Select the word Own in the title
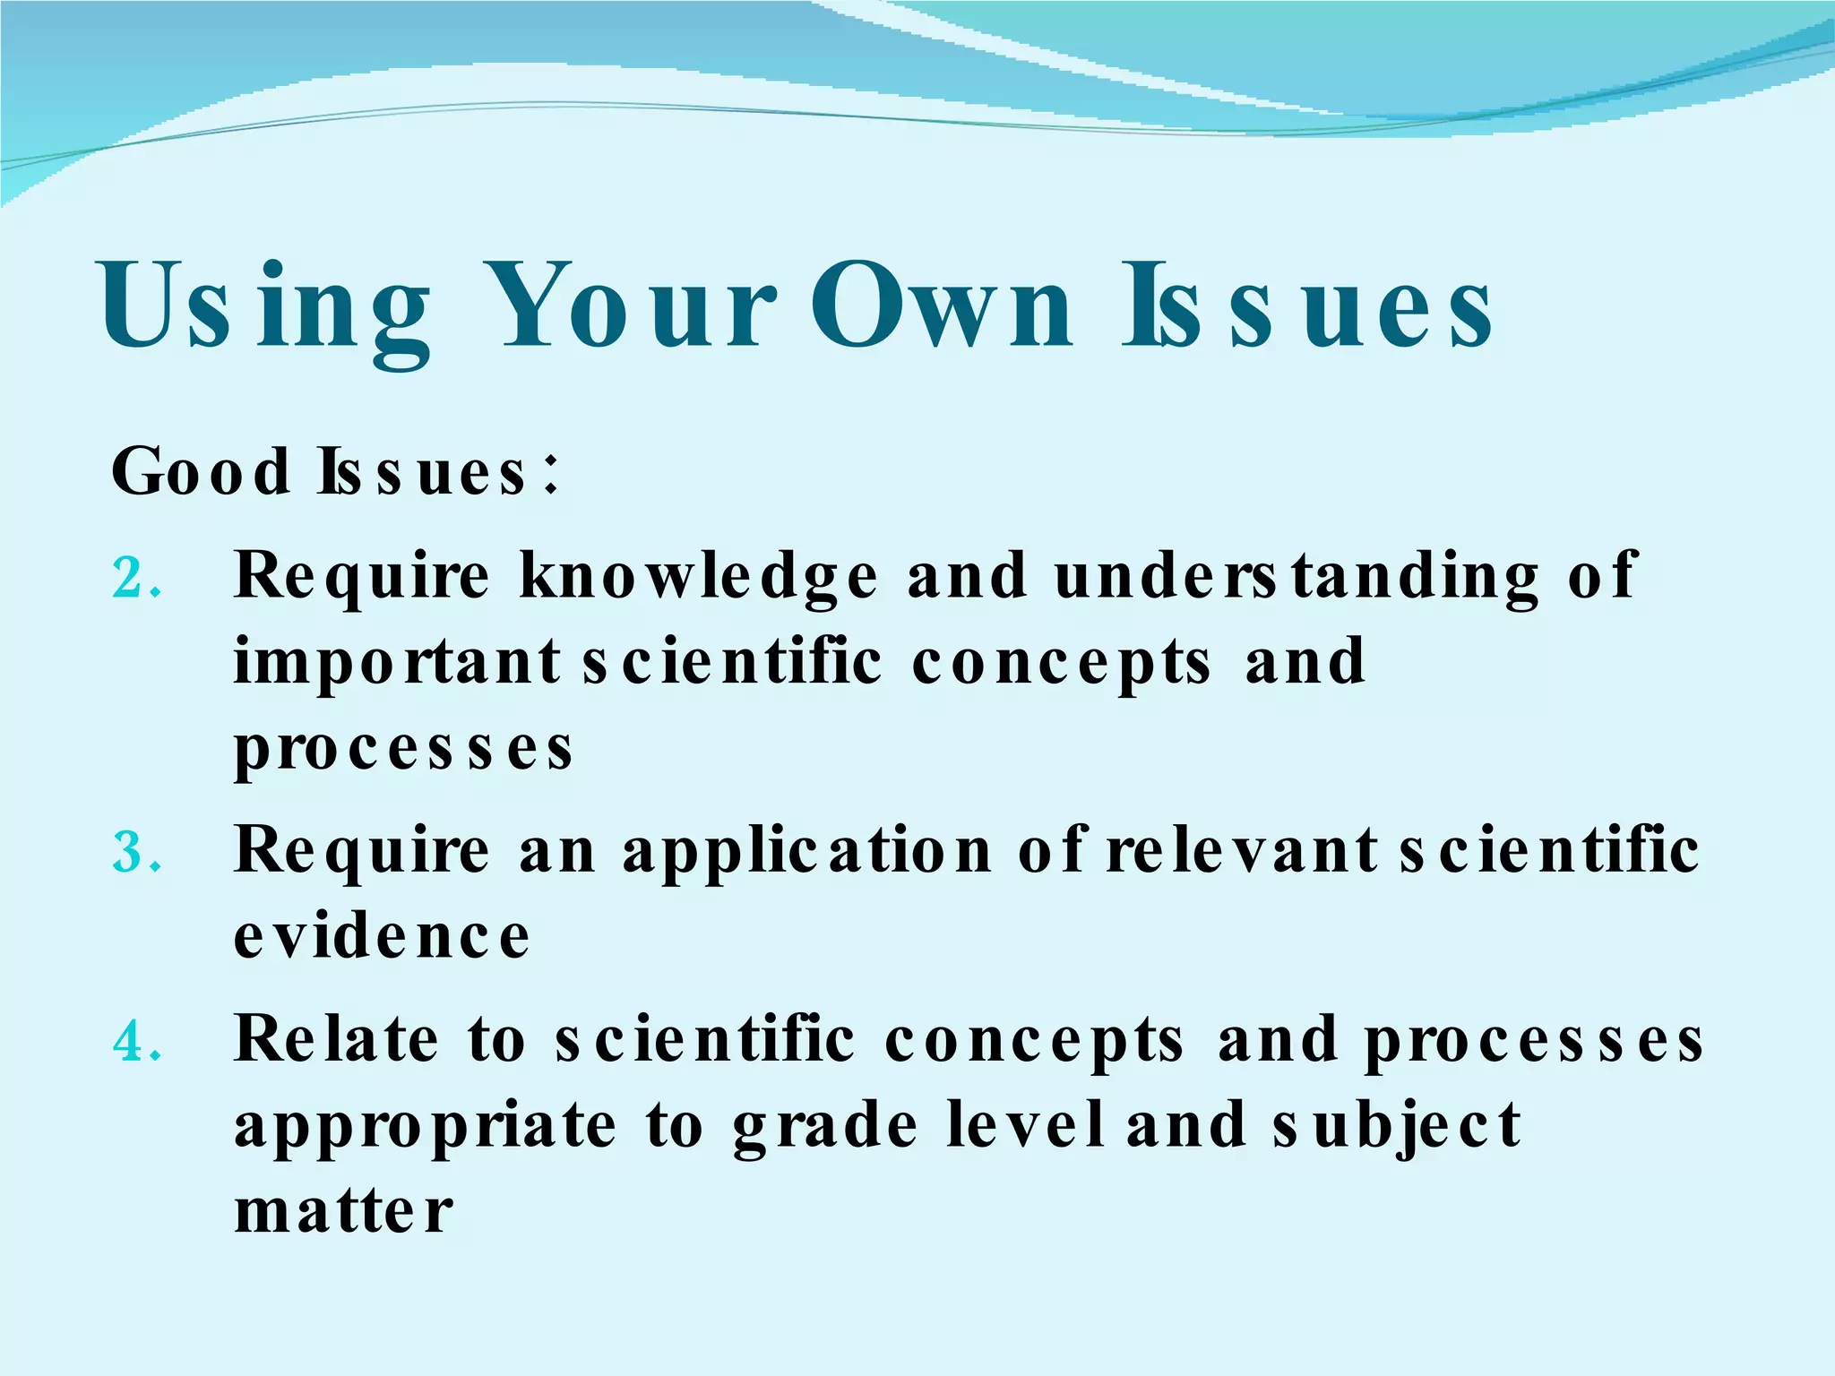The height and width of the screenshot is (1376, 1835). point(941,307)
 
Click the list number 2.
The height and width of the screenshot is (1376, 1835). point(136,579)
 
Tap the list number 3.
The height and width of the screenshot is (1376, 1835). point(136,852)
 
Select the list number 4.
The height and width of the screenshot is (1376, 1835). point(136,1042)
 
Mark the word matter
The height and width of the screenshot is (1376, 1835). point(343,1212)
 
